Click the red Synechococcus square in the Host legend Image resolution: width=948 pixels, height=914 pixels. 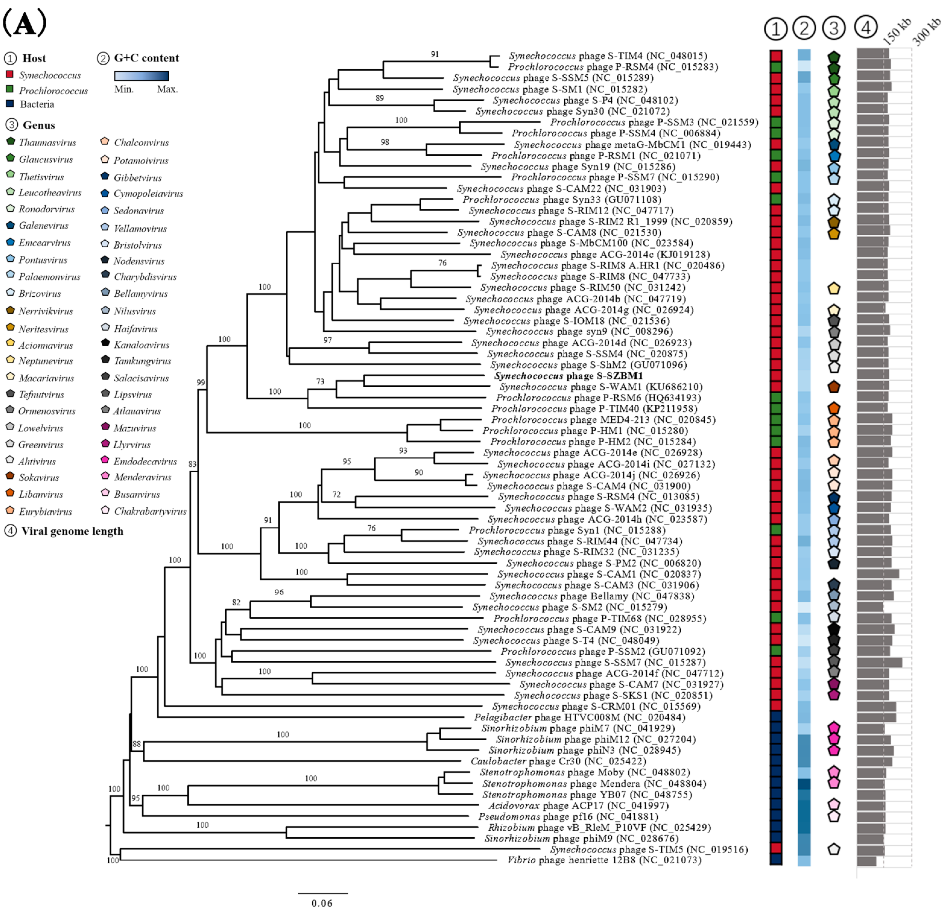(x=9, y=74)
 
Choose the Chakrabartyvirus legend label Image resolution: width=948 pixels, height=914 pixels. (x=150, y=511)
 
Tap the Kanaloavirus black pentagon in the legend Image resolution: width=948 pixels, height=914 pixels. (x=105, y=343)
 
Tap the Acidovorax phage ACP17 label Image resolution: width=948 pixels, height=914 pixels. (x=578, y=805)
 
